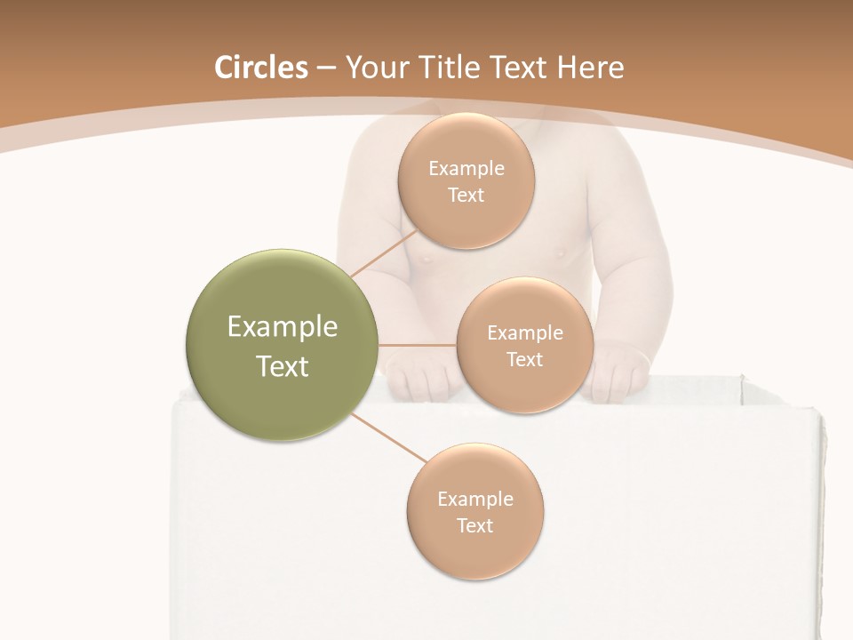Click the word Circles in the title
pos(261,68)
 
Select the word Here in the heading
pos(592,68)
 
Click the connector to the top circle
pos(384,252)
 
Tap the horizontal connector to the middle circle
pos(417,345)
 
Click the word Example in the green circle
pos(283,327)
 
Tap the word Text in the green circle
pos(283,366)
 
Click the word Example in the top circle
pos(466,169)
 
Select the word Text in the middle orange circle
pos(524,360)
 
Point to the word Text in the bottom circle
pos(474,526)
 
